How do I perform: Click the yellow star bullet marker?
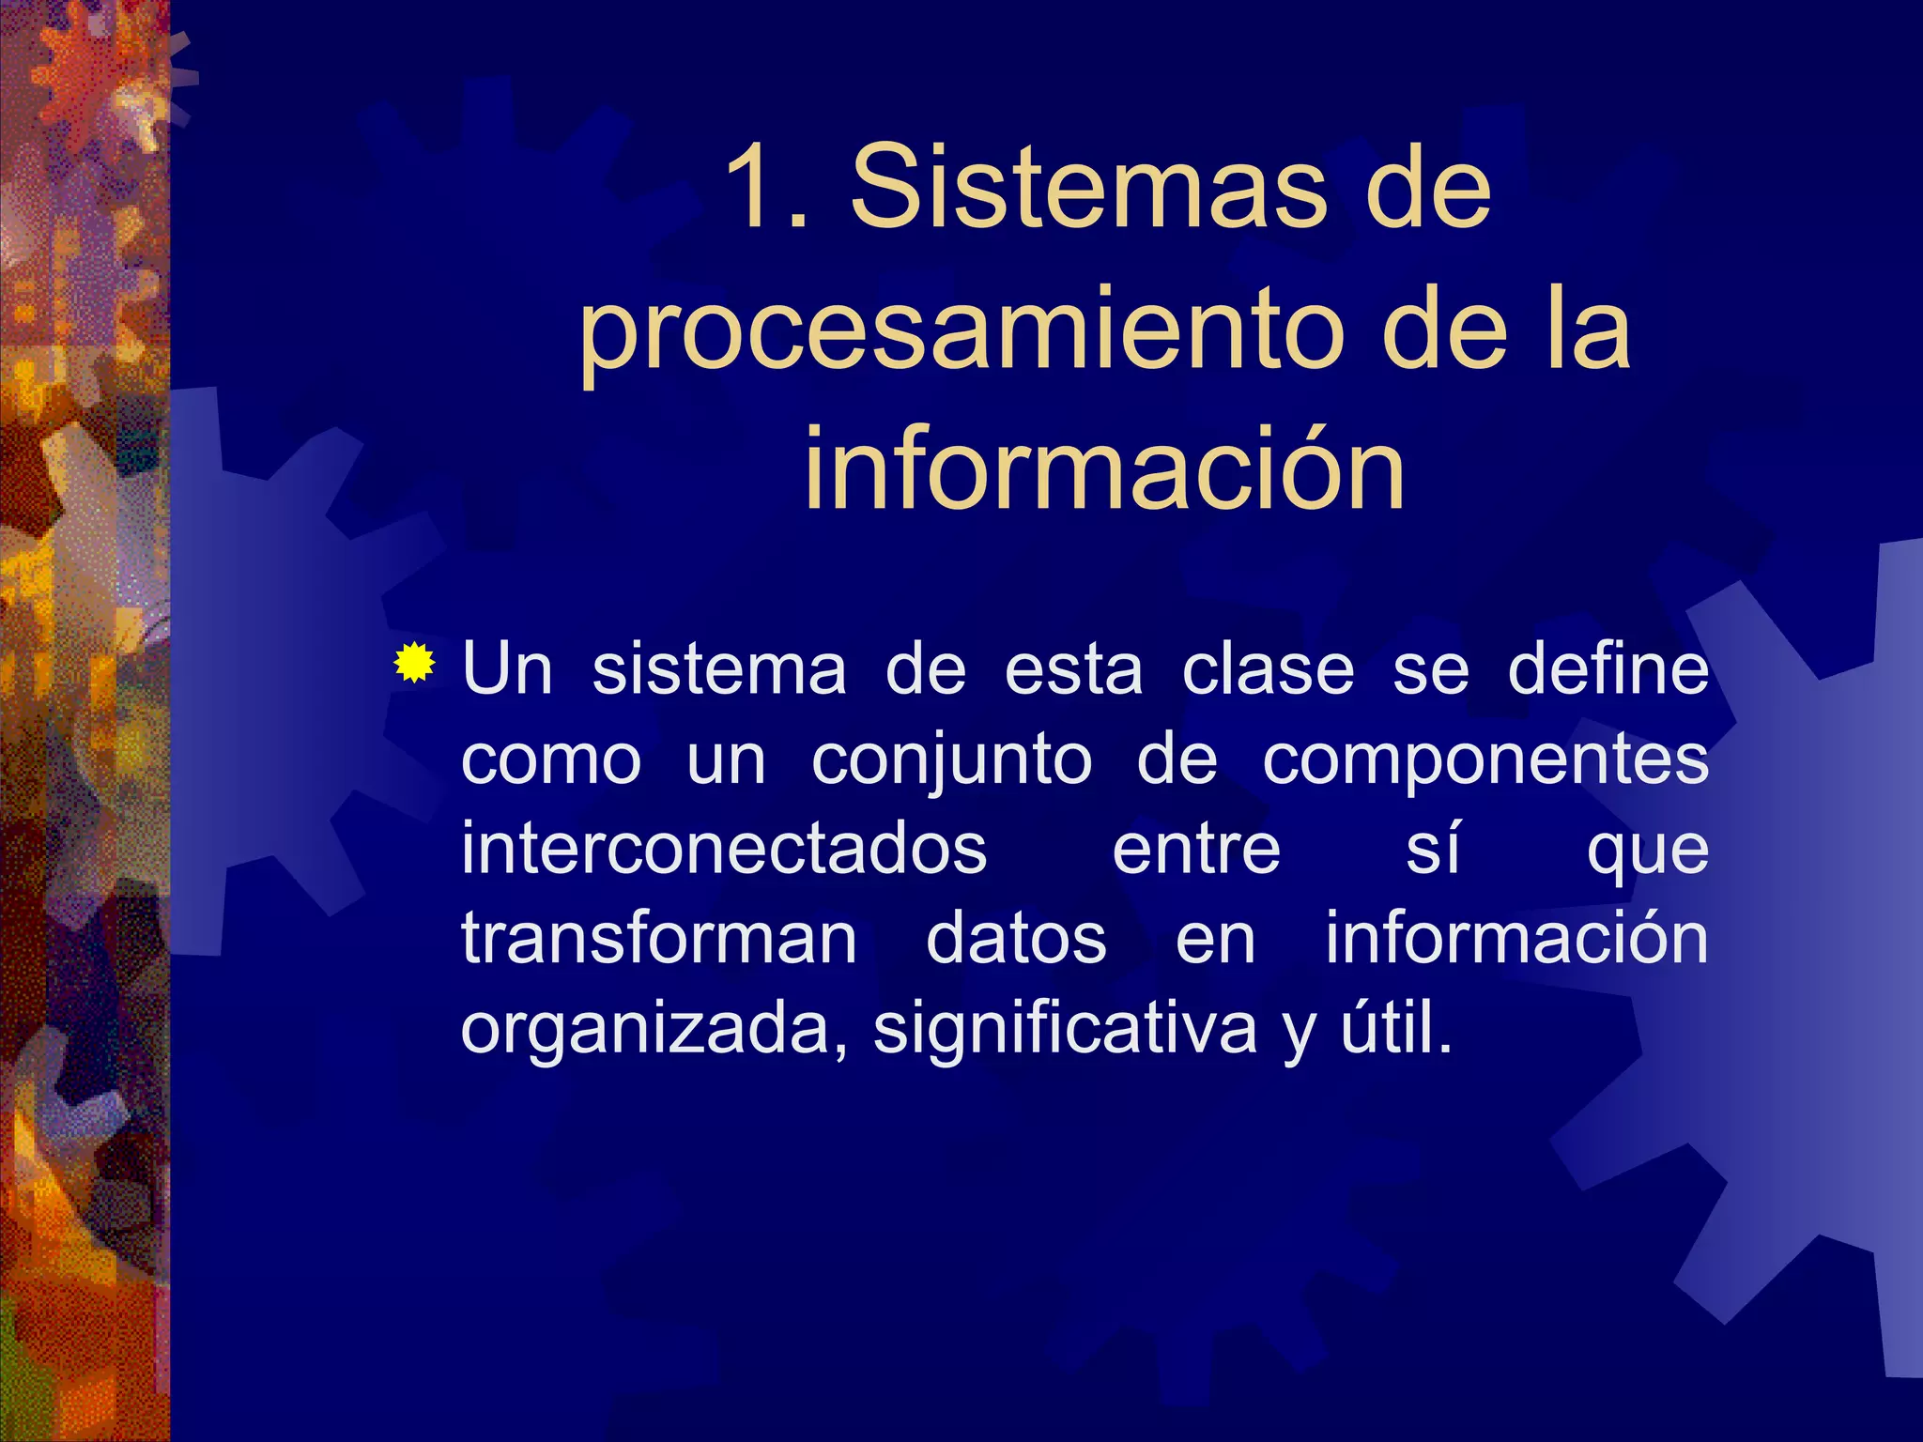tap(414, 663)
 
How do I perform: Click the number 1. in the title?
tap(766, 188)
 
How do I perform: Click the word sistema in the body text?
tap(719, 670)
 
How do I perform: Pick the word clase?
tap(1268, 670)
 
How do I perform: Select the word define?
tap(1608, 670)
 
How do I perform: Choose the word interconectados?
tap(724, 849)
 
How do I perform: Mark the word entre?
tap(1196, 849)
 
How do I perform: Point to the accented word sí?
tap(1432, 849)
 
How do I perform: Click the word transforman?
tap(659, 939)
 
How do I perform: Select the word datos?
tap(1016, 939)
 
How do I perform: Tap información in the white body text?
tap(1516, 939)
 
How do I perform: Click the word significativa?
tap(1065, 1029)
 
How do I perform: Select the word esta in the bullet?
tap(1073, 670)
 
